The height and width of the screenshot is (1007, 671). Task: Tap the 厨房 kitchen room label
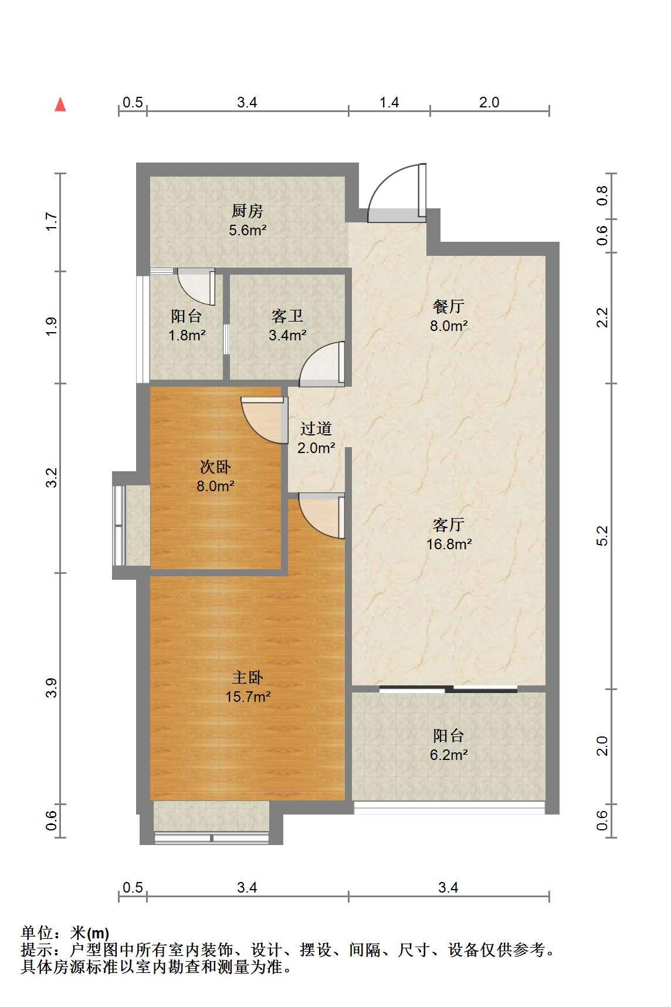click(248, 211)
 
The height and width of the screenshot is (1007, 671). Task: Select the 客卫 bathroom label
click(287, 317)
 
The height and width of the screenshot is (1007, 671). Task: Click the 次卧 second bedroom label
click(215, 467)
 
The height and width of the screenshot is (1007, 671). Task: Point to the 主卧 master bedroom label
click(248, 678)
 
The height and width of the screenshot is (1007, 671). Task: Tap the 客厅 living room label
click(449, 524)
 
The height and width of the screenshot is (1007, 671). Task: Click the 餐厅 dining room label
click(449, 306)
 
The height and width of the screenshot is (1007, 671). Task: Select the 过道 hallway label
click(316, 429)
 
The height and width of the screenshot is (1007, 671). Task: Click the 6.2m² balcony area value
click(449, 755)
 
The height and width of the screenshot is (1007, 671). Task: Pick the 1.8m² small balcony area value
click(187, 336)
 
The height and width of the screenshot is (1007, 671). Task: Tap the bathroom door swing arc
click(321, 364)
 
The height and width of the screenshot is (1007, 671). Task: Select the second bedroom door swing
click(265, 421)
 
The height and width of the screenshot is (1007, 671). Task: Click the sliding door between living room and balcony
click(449, 688)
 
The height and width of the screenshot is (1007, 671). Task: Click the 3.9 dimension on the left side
click(52, 688)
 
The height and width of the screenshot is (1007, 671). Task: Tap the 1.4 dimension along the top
click(389, 103)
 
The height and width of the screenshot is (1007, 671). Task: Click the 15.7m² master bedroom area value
click(248, 697)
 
